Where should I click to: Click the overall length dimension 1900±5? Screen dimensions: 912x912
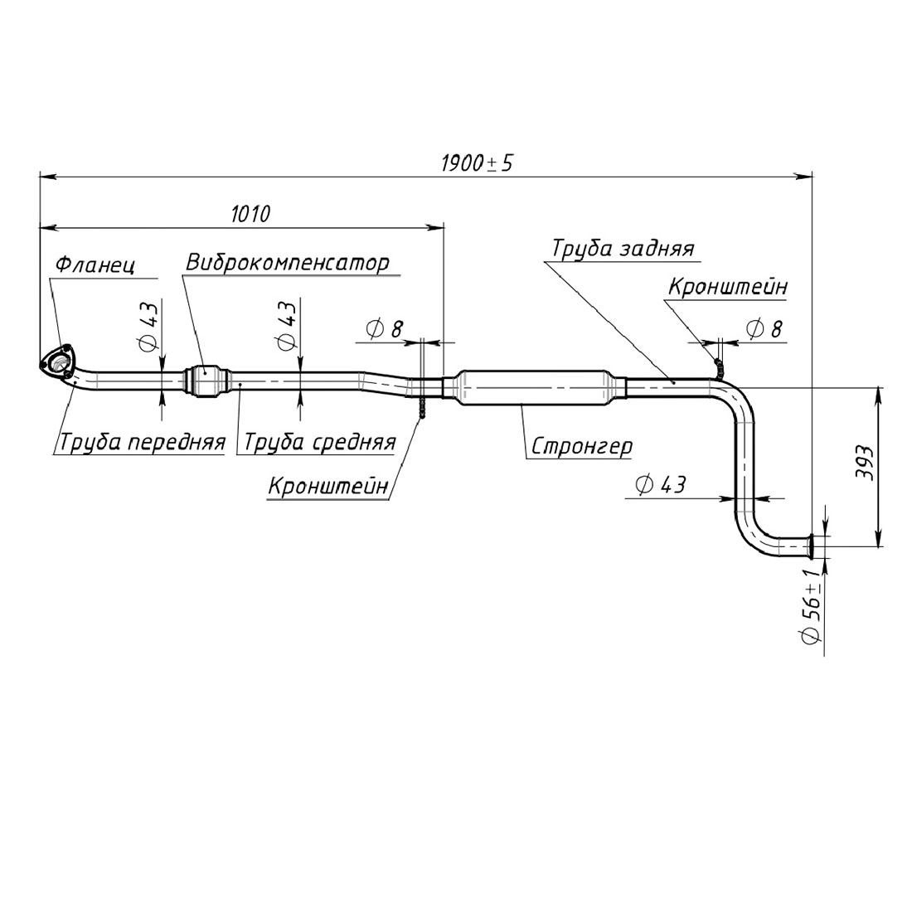tap(476, 163)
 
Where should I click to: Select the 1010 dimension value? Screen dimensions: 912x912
tap(250, 214)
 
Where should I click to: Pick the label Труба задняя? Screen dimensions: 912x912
tap(623, 249)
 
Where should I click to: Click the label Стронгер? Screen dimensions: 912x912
tap(581, 447)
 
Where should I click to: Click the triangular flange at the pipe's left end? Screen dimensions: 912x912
tap(57, 363)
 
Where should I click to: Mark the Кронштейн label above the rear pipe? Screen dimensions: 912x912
tap(727, 287)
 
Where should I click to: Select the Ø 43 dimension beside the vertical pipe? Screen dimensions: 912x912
tap(661, 484)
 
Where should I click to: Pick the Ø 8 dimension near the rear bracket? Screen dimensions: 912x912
tap(764, 329)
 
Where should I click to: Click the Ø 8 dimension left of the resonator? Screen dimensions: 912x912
tap(383, 329)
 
